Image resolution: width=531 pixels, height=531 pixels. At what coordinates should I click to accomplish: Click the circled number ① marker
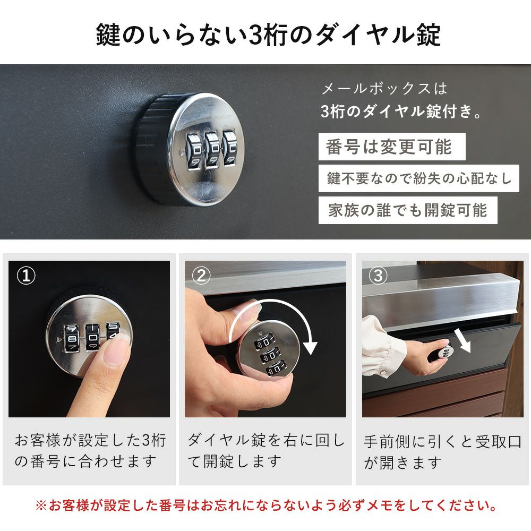pyautogui.click(x=25, y=276)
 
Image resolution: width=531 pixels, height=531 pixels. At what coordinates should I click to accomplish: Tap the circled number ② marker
pyautogui.click(x=201, y=276)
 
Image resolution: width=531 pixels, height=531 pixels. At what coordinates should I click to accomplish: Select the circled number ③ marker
pyautogui.click(x=378, y=276)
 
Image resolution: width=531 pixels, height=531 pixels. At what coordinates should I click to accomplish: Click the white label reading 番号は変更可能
pyautogui.click(x=392, y=147)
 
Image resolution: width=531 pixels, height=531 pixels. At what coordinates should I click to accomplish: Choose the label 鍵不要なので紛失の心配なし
pyautogui.click(x=418, y=178)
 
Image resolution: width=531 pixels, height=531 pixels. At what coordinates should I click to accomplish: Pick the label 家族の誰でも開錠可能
pyautogui.click(x=408, y=210)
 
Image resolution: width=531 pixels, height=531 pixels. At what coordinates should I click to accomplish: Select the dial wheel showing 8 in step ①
pyautogui.click(x=72, y=338)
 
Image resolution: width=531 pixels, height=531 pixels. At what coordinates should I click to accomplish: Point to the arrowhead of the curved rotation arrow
pyautogui.click(x=310, y=348)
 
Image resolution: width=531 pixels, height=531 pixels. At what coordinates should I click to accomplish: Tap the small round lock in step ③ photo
pyautogui.click(x=446, y=352)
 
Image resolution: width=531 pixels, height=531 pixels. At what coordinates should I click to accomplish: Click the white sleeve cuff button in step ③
pyautogui.click(x=384, y=373)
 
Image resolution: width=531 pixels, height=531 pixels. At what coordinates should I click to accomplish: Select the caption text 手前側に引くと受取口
pyautogui.click(x=443, y=441)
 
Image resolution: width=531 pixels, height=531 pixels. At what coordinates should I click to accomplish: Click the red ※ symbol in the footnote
pyautogui.click(x=41, y=506)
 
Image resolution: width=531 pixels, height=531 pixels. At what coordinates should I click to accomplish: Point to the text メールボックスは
pyautogui.click(x=384, y=89)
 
